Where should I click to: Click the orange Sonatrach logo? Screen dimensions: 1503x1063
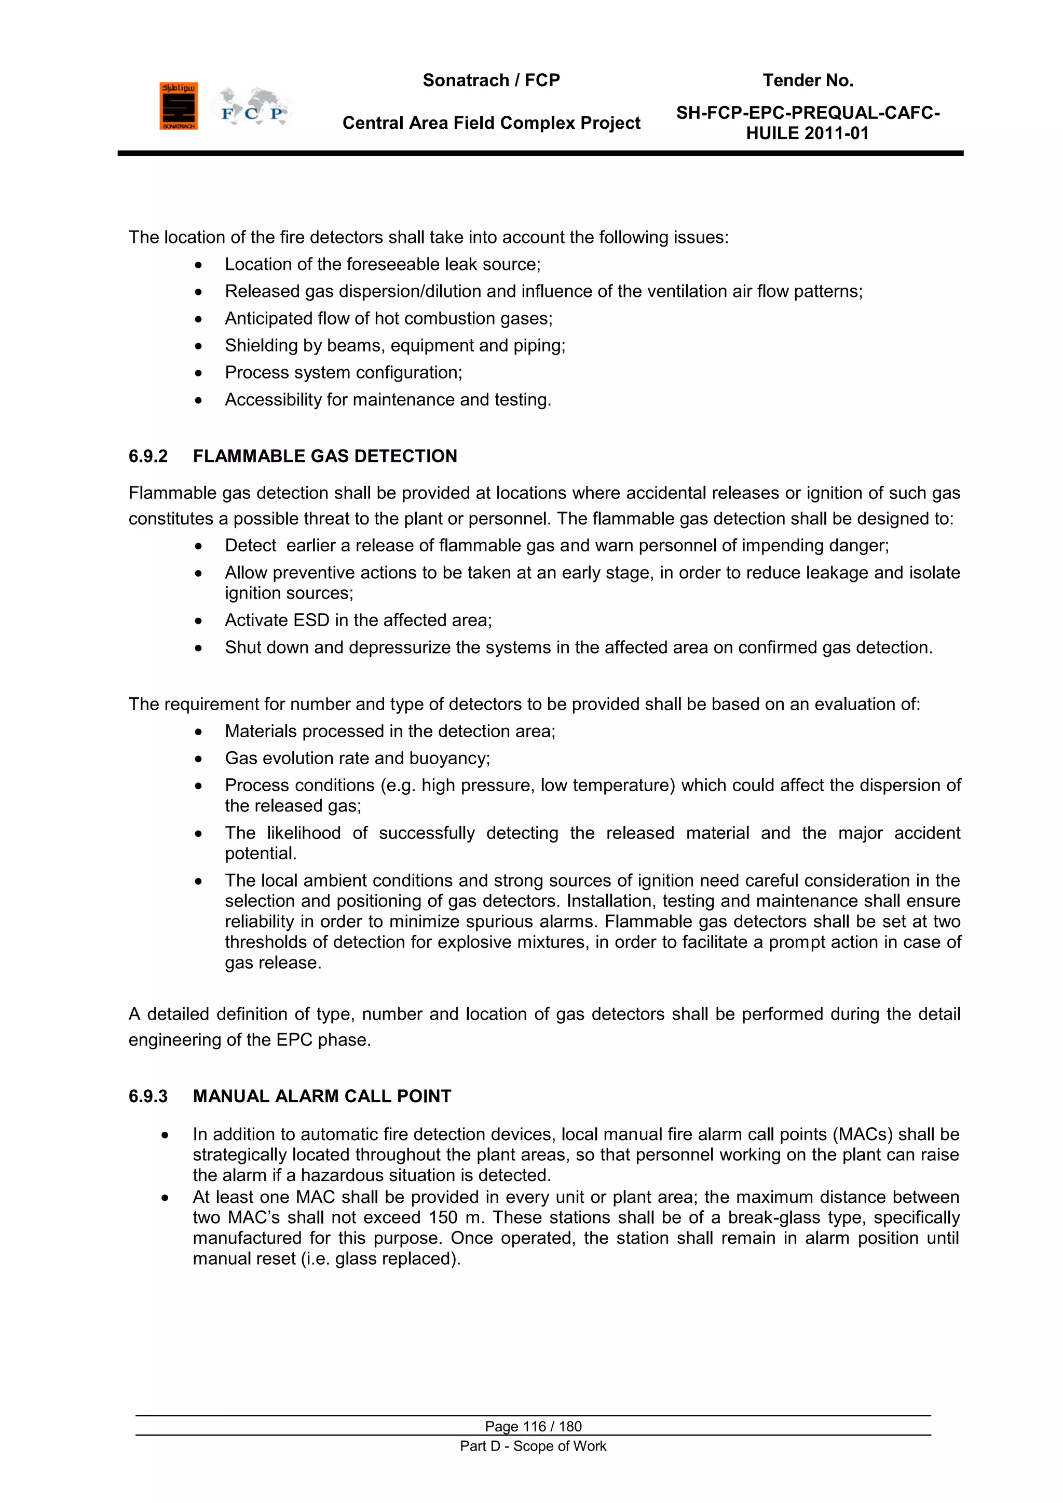(x=178, y=106)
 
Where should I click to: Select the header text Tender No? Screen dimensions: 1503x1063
(x=807, y=80)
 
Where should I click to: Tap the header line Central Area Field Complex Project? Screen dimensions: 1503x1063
(x=491, y=123)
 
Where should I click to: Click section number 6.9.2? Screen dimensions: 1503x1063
(x=148, y=456)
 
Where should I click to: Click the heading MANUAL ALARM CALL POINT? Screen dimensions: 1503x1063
(x=321, y=1096)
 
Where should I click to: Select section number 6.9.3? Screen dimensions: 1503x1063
(x=148, y=1096)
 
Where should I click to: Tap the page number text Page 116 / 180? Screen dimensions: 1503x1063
(x=533, y=1426)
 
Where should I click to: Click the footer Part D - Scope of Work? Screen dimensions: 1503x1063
(x=533, y=1446)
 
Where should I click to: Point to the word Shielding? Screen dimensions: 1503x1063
(x=261, y=346)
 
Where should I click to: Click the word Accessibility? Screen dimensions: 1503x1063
(x=270, y=400)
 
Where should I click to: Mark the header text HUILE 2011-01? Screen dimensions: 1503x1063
(x=807, y=133)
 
